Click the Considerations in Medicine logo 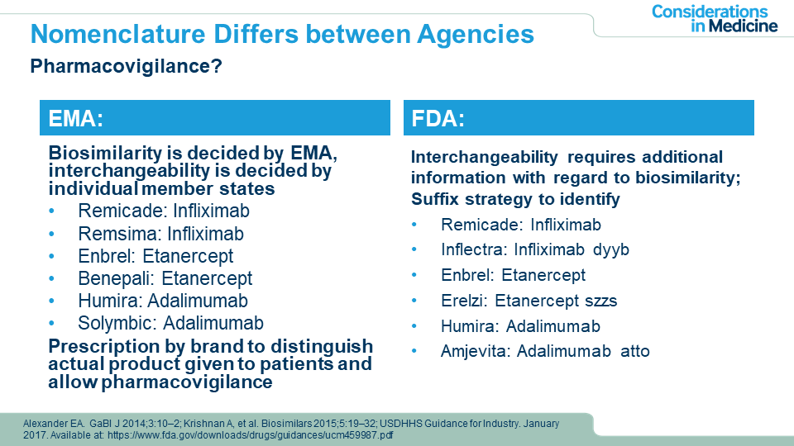click(714, 19)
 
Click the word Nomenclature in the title click(117, 35)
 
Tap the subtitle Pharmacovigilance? click(126, 66)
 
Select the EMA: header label click(76, 119)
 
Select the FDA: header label click(438, 119)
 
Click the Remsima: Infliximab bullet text click(161, 234)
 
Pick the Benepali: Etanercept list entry click(165, 278)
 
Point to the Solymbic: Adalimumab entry click(170, 323)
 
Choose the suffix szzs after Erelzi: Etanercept click(601, 301)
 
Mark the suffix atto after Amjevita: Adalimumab click(635, 351)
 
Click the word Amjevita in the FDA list click(476, 351)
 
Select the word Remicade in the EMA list click(122, 211)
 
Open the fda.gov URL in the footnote click(250, 435)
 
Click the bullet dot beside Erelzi click(414, 301)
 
